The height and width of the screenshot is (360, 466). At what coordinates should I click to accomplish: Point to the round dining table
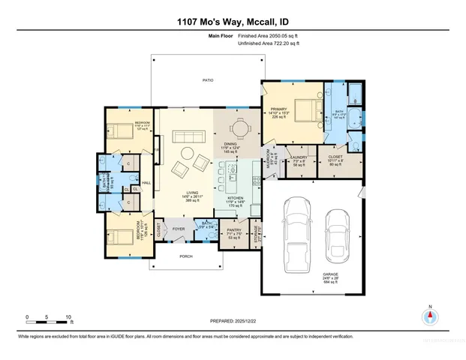pyautogui.click(x=238, y=129)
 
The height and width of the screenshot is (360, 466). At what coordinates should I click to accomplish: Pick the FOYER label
pyautogui.click(x=179, y=229)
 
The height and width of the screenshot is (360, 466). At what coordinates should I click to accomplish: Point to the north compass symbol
pyautogui.click(x=430, y=316)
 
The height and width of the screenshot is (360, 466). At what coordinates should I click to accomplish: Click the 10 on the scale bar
pyautogui.click(x=69, y=317)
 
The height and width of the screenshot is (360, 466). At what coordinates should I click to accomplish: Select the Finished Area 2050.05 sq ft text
pyautogui.click(x=268, y=35)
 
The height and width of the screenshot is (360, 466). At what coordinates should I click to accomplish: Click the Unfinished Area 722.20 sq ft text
pyautogui.click(x=268, y=43)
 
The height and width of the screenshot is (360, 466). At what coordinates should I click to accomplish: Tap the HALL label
pyautogui.click(x=147, y=182)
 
